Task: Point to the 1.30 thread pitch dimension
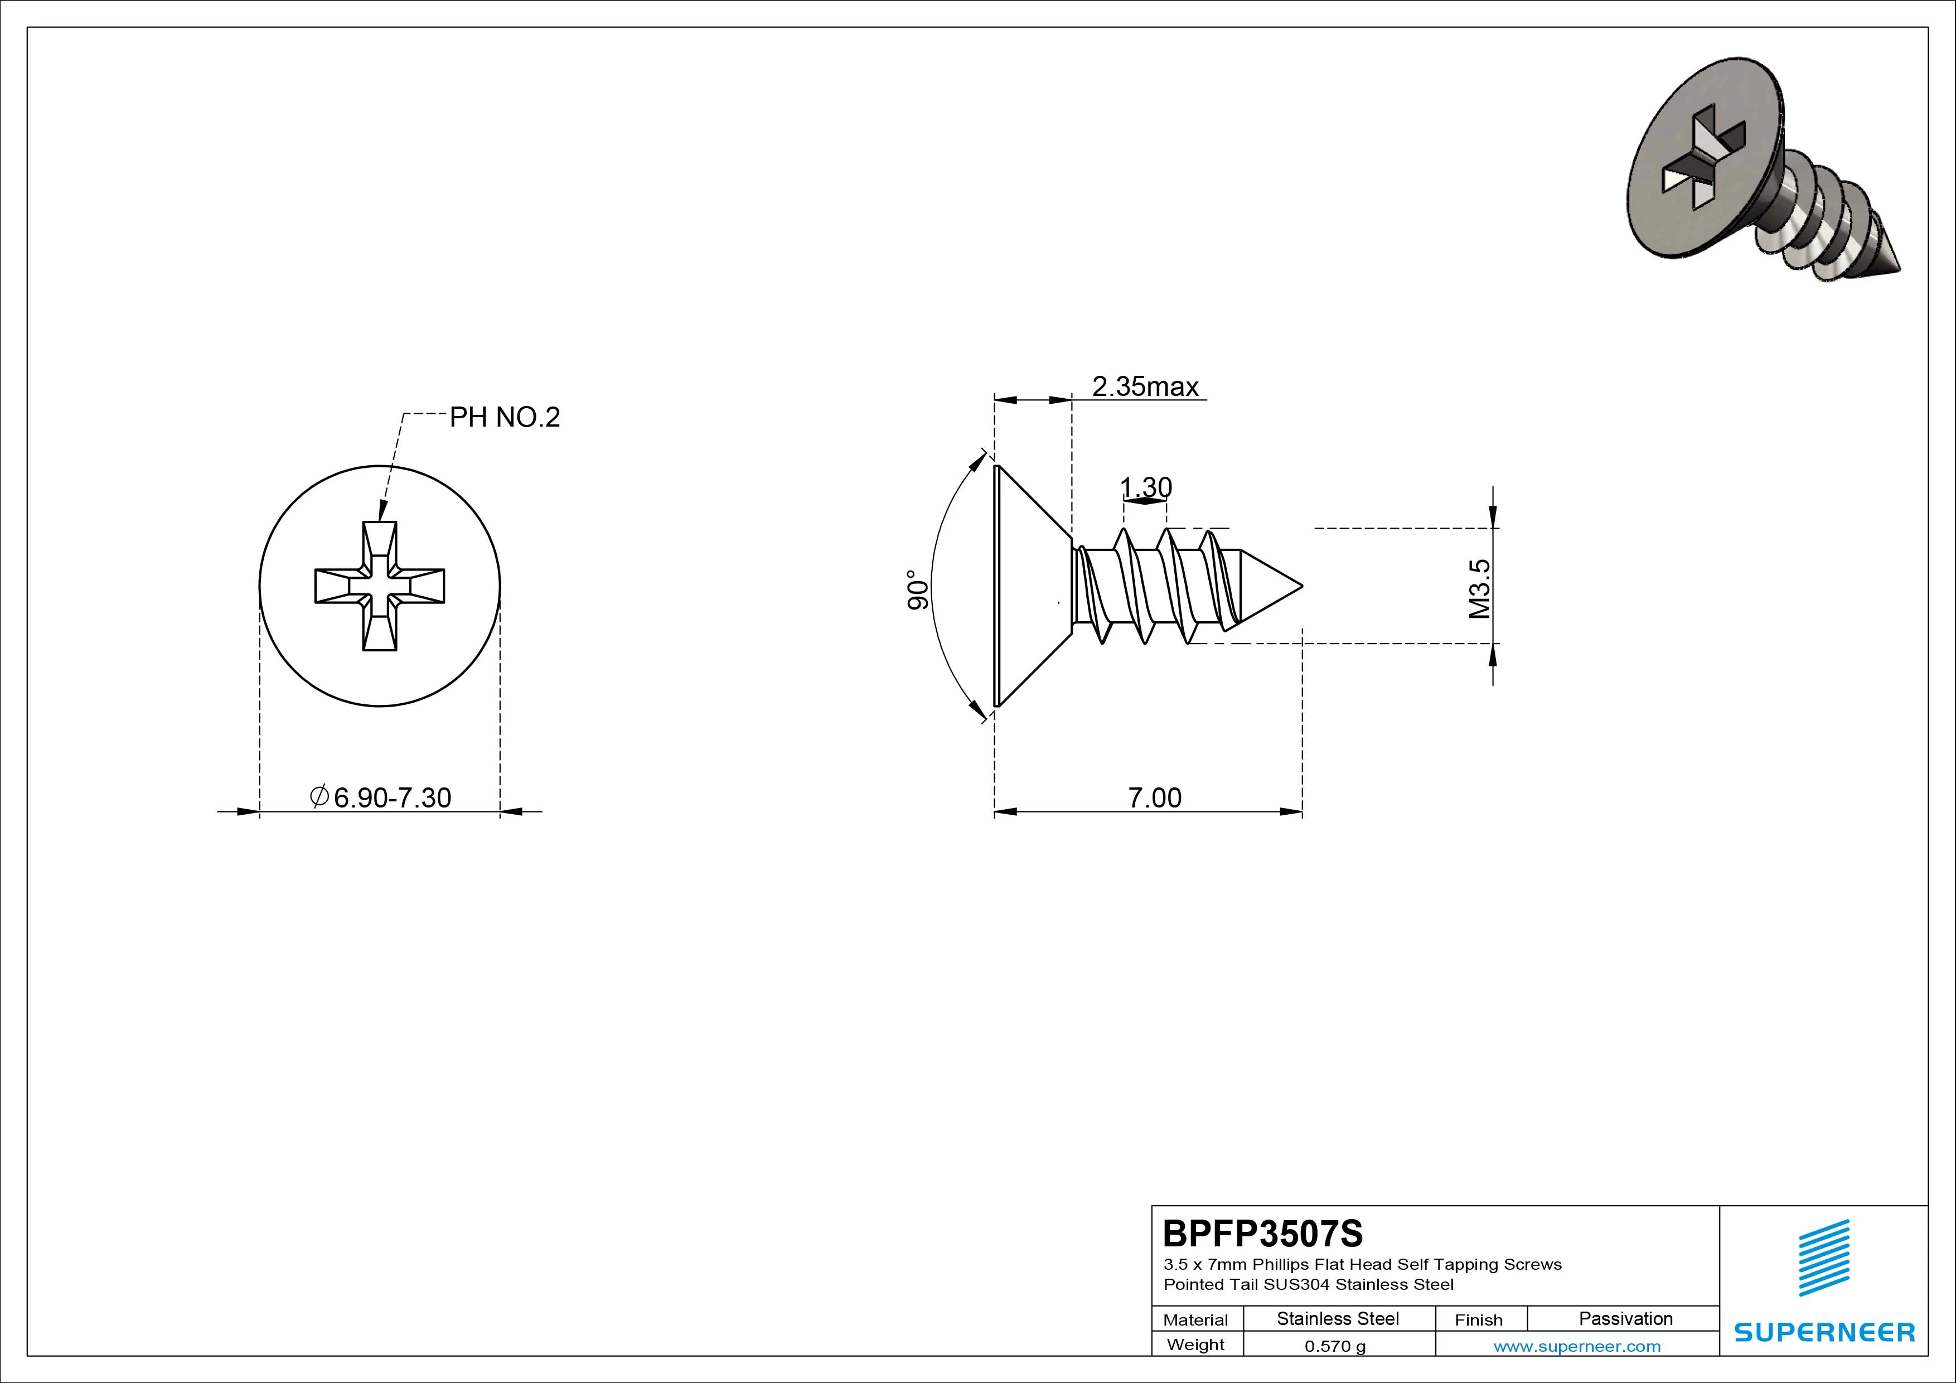coord(1146,487)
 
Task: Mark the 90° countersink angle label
coord(918,589)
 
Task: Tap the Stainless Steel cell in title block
coord(1338,1318)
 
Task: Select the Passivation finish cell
coord(1625,1318)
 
